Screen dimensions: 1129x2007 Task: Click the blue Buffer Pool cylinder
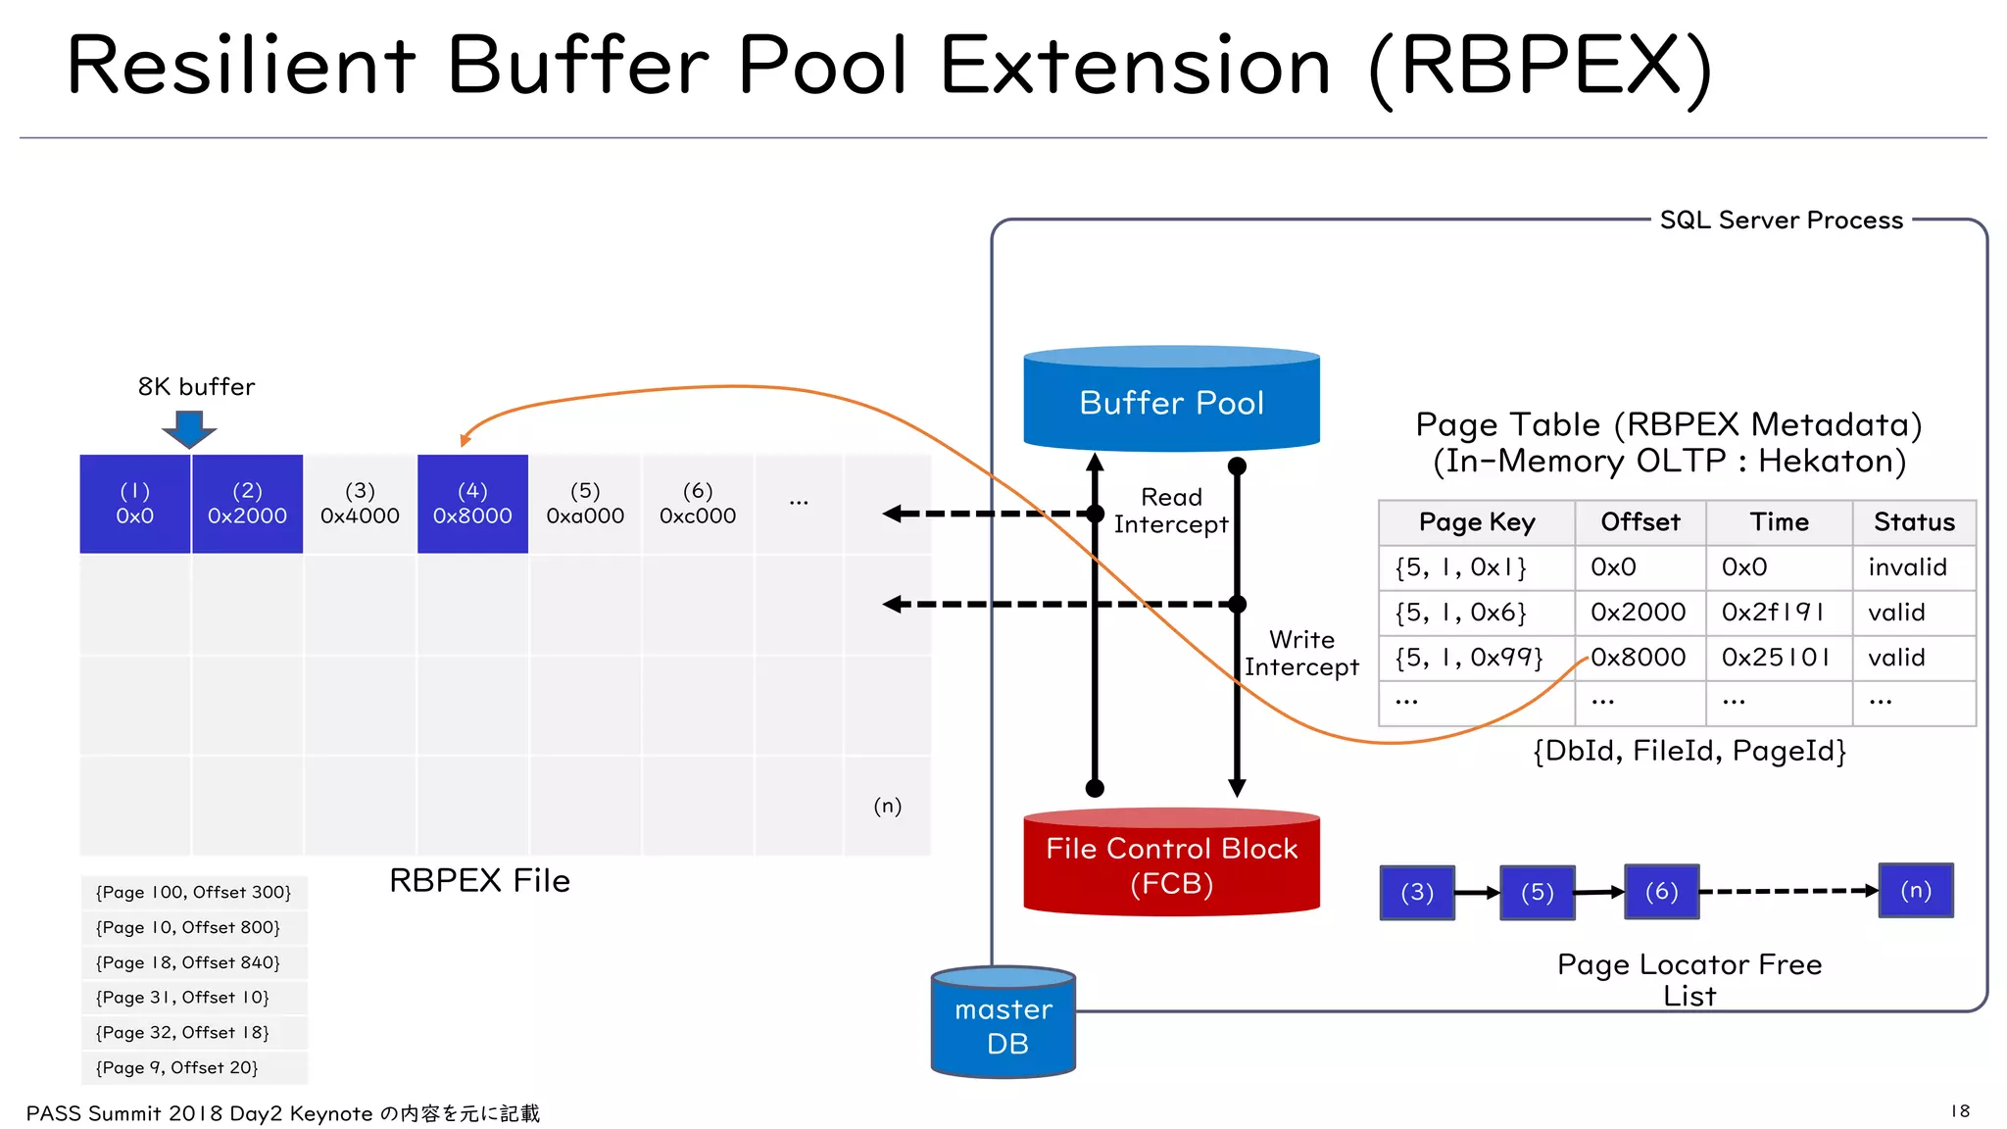tap(1171, 401)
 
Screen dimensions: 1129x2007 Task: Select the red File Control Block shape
tap(1171, 864)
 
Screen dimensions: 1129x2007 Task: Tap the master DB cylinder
tap(1003, 1025)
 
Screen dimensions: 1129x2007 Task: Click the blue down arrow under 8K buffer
tap(189, 428)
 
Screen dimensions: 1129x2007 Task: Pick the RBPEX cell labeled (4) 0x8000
tap(472, 504)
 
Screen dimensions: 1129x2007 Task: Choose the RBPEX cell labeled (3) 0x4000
tap(360, 504)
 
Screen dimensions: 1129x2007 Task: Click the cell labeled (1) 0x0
tap(135, 504)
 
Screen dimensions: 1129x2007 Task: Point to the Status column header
tap(1913, 522)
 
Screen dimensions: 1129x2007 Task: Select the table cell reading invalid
tap(1907, 567)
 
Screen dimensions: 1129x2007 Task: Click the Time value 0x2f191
tap(1772, 613)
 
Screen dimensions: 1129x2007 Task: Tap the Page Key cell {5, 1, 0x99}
tap(1469, 658)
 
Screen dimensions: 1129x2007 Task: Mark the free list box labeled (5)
tap(1537, 892)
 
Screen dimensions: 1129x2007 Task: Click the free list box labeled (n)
tap(1916, 890)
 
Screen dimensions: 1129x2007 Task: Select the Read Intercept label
tap(1170, 511)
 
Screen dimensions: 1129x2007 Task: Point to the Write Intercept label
tap(1301, 654)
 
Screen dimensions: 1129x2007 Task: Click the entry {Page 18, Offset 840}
tap(188, 962)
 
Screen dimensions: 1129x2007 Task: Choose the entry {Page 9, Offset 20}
tap(177, 1067)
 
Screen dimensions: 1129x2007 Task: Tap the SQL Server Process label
tap(1781, 221)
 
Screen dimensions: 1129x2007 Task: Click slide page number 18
tap(1960, 1110)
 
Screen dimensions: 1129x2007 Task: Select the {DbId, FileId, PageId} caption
tap(1689, 751)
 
